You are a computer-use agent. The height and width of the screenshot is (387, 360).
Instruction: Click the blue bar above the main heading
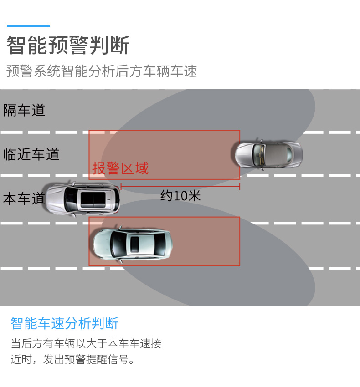coord(28,26)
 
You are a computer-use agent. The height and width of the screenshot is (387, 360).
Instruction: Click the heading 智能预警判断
coord(68,46)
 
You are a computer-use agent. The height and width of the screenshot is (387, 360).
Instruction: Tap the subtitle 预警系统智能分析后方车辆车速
coord(102,71)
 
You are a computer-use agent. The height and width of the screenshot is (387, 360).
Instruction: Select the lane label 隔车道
coord(24,110)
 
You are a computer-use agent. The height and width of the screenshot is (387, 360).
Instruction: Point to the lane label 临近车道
coord(31,154)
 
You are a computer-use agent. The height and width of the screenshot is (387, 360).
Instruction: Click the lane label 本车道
coord(24,199)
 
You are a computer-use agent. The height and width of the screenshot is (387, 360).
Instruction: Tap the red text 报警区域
coord(120,168)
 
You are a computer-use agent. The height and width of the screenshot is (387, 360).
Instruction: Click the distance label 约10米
coord(180,196)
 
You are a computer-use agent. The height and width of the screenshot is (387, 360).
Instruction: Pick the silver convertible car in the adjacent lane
coord(268,154)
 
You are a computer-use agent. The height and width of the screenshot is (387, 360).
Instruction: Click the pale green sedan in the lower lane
coord(132,244)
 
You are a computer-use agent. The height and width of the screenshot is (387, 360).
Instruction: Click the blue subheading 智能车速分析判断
coord(64,323)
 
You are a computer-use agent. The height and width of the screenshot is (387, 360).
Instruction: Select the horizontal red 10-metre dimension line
coord(180,186)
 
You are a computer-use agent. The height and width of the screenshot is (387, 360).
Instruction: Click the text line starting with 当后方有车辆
coord(86,343)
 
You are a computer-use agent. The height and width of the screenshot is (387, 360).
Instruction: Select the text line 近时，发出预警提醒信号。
coord(73,360)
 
